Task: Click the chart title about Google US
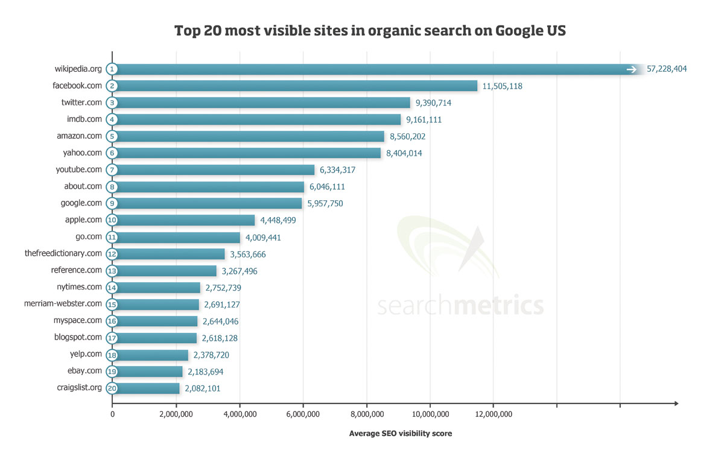[370, 31]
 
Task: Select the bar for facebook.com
[296, 86]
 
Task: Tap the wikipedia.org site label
[78, 69]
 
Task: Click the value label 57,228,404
[667, 69]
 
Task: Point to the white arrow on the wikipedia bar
[632, 69]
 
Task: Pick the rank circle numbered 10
[112, 220]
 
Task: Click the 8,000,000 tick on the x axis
[366, 414]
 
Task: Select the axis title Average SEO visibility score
[400, 434]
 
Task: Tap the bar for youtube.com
[214, 170]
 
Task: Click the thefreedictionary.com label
[63, 253]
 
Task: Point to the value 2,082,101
[203, 389]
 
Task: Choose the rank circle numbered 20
[112, 388]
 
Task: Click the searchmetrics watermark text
[460, 305]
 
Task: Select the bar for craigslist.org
[147, 388]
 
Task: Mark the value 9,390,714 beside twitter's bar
[433, 103]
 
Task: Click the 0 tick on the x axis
[112, 414]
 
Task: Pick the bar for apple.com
[184, 220]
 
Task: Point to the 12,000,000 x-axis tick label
[493, 414]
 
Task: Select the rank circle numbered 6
[112, 153]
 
